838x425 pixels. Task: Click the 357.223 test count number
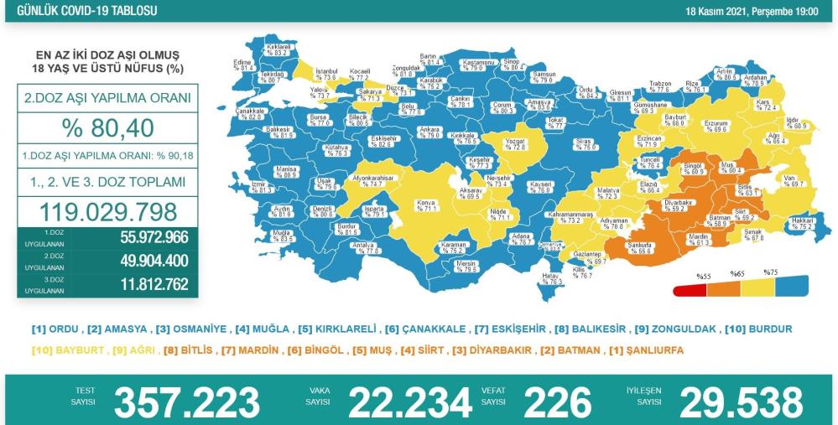tap(186, 402)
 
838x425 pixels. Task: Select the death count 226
tap(555, 402)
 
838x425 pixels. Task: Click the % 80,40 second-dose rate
tap(107, 128)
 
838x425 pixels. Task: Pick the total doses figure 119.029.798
tap(107, 210)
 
